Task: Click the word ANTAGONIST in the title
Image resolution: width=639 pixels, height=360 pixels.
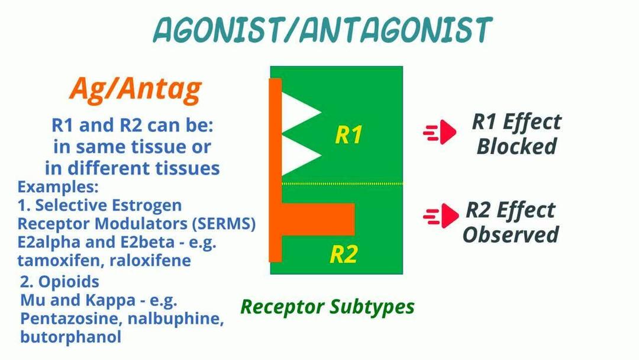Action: click(x=395, y=30)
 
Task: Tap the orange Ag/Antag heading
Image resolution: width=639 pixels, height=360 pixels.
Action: click(x=135, y=89)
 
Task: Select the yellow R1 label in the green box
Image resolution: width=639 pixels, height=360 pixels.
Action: click(x=348, y=134)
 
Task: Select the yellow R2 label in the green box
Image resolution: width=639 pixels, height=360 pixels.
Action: click(x=344, y=254)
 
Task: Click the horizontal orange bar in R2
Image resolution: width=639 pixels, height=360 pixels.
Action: click(x=318, y=219)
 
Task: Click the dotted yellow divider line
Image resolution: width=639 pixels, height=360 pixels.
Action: click(x=343, y=184)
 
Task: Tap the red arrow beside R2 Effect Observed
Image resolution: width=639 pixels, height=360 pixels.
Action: click(x=441, y=216)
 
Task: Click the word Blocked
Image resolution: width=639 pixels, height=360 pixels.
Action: click(x=517, y=146)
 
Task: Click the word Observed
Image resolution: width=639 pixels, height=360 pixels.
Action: click(x=511, y=235)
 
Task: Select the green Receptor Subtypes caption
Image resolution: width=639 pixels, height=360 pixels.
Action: click(x=327, y=307)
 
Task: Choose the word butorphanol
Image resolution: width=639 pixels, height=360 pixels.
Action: click(x=71, y=337)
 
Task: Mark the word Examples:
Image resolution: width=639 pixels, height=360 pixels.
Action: click(x=58, y=187)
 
